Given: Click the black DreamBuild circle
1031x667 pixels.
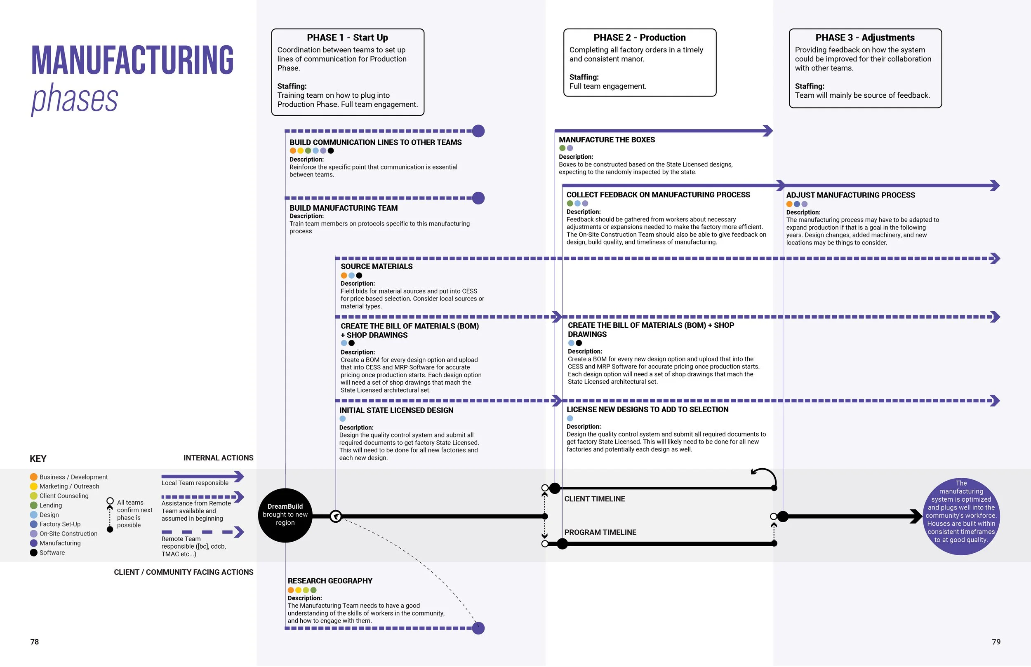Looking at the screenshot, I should pyautogui.click(x=285, y=515).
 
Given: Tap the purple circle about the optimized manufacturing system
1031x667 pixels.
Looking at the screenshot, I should pyautogui.click(x=961, y=516).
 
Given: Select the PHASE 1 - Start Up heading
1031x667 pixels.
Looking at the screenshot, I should pyautogui.click(x=347, y=38).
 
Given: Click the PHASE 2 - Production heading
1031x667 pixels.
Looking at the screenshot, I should pyautogui.click(x=639, y=38).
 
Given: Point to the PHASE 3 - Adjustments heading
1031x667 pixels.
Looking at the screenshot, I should pyautogui.click(x=865, y=38).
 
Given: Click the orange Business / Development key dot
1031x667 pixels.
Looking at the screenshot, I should pyautogui.click(x=34, y=477).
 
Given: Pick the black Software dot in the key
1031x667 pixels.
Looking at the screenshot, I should pyautogui.click(x=34, y=553).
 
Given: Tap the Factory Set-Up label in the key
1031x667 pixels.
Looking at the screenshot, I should pyautogui.click(x=60, y=524).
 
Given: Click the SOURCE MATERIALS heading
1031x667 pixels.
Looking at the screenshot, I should pyautogui.click(x=377, y=266).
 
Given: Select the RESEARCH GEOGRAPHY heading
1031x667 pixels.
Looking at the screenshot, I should pyautogui.click(x=330, y=581).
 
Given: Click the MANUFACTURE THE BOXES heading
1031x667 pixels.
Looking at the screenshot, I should pyautogui.click(x=607, y=140).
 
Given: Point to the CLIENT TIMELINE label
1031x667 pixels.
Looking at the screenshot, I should pyautogui.click(x=594, y=499).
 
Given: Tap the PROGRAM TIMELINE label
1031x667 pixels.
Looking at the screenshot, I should pyautogui.click(x=600, y=532).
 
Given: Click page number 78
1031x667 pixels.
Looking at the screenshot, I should pyautogui.click(x=35, y=642).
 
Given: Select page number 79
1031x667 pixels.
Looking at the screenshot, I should pyautogui.click(x=996, y=642).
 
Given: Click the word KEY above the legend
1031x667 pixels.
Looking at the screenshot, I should pyautogui.click(x=38, y=459).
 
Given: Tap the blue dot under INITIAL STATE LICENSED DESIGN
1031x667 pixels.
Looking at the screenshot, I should pyautogui.click(x=343, y=419).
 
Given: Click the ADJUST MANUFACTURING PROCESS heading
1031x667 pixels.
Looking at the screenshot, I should pyautogui.click(x=850, y=195).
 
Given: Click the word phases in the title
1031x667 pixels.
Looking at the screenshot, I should pyautogui.click(x=75, y=99).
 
